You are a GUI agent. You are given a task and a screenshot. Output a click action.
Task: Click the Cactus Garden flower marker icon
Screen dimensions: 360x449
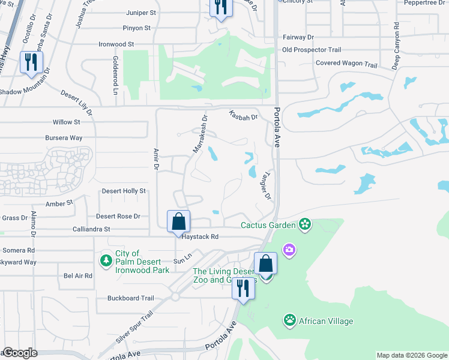305,225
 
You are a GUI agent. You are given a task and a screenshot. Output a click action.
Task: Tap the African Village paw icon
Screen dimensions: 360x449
290,320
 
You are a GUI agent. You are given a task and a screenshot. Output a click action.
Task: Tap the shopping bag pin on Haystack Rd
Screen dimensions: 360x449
179,221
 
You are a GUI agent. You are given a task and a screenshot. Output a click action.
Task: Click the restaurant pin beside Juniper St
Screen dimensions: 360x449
220,7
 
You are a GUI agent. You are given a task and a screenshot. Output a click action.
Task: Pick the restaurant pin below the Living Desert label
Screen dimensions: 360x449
244,288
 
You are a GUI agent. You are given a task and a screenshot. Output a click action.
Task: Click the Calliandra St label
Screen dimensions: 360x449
91,229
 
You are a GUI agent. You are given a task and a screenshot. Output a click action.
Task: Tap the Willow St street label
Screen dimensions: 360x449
67,122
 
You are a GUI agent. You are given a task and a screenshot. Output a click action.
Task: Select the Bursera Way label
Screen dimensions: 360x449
64,138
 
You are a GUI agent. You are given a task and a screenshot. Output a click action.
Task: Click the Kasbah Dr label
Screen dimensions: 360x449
243,116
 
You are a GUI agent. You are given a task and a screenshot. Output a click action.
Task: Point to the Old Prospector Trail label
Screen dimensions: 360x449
311,50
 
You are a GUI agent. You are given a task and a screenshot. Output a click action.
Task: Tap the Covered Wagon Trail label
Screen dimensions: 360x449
346,64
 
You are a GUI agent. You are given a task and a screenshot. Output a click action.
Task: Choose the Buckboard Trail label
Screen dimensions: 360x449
131,298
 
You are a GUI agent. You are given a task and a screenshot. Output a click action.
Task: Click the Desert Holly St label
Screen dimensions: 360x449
124,191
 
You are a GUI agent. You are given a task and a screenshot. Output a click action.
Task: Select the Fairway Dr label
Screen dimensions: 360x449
298,37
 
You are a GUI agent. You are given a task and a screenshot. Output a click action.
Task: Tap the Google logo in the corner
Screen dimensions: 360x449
19,353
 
